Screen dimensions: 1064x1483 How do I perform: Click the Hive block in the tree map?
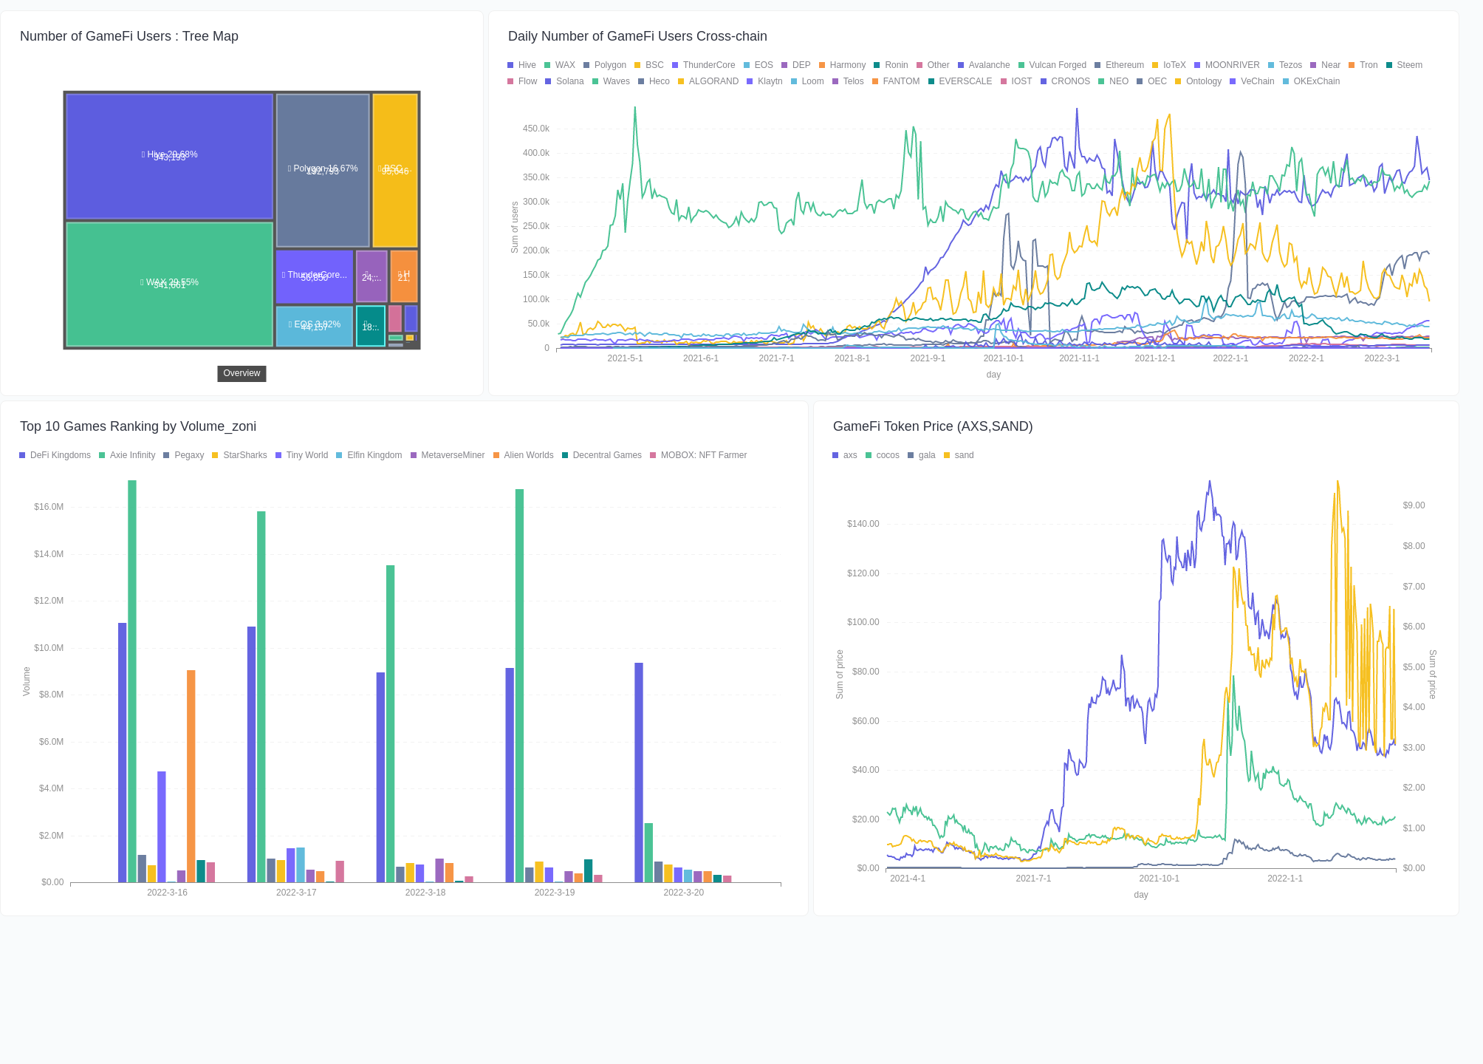[x=169, y=155]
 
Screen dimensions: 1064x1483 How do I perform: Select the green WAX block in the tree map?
[x=169, y=284]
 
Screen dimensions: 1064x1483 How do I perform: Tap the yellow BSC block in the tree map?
[x=395, y=169]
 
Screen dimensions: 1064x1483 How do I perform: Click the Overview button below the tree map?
[x=242, y=373]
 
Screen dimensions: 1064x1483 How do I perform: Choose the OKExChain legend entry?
[x=1311, y=81]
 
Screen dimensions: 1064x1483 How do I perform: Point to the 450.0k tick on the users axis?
[x=535, y=129]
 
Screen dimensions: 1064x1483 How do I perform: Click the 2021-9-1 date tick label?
[x=928, y=358]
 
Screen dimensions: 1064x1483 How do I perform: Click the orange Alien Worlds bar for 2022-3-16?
[x=191, y=776]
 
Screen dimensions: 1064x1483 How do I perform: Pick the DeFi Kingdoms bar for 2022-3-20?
[x=639, y=772]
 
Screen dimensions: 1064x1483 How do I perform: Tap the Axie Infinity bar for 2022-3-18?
[x=391, y=724]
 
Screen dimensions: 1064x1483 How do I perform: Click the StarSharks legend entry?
[x=239, y=455]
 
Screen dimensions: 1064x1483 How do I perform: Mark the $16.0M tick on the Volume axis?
[x=49, y=507]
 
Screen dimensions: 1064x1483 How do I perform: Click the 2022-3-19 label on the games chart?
[x=555, y=893]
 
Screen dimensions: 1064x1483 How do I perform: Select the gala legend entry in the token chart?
[x=922, y=455]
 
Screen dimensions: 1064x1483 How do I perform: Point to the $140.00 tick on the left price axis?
[x=863, y=524]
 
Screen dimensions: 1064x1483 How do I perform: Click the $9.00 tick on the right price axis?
[x=1414, y=505]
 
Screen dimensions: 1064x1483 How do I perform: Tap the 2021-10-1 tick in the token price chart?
[x=1159, y=879]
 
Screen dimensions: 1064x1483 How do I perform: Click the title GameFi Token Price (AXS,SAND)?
[x=933, y=426]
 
